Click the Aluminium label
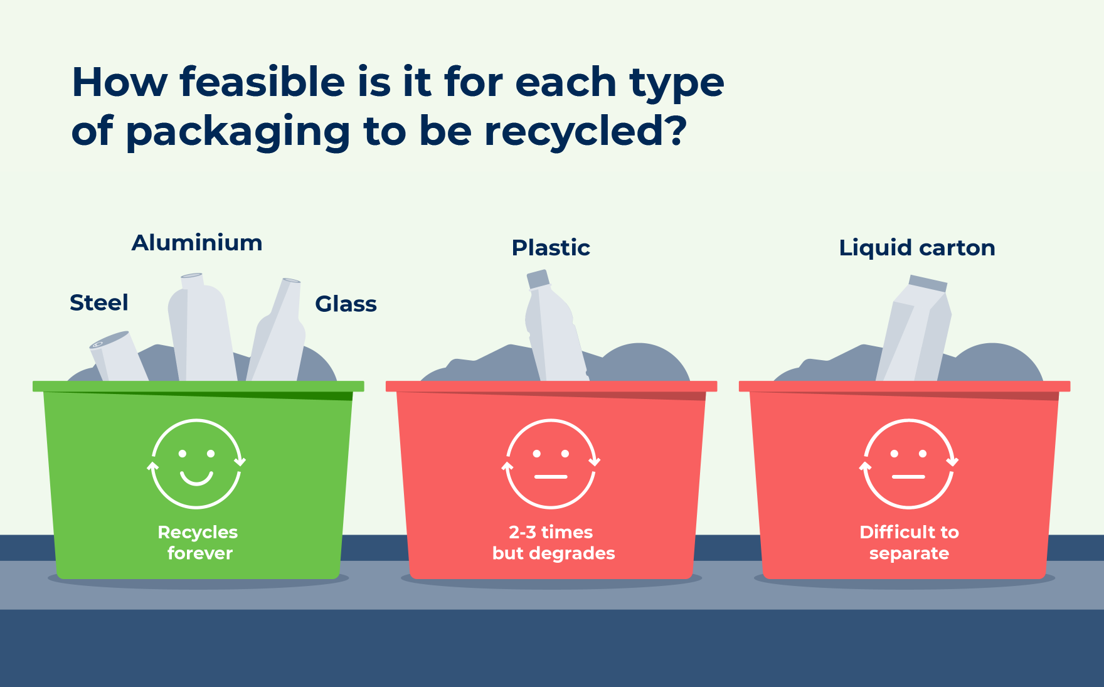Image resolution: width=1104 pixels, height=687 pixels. [197, 243]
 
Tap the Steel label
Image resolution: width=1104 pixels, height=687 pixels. [99, 302]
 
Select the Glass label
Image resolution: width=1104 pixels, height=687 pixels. [346, 304]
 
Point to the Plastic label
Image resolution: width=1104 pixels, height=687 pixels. [551, 248]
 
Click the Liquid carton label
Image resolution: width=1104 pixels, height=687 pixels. [917, 248]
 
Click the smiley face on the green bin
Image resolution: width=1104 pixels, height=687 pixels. [196, 464]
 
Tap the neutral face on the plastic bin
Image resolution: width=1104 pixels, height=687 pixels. [551, 464]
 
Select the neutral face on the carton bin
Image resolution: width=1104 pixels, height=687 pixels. [909, 464]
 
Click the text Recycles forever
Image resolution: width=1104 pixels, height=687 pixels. [198, 543]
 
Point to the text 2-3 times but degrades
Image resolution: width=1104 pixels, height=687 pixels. [553, 543]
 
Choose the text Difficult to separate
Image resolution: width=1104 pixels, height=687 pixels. [909, 543]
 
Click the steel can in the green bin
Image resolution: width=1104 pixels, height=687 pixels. [118, 356]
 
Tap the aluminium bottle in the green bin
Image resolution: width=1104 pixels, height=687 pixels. [202, 328]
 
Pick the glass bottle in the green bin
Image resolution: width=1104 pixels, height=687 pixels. [276, 331]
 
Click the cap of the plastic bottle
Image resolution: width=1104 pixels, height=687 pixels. [538, 279]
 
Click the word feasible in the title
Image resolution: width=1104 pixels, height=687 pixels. [262, 82]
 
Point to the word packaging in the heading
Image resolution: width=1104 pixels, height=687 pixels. [238, 132]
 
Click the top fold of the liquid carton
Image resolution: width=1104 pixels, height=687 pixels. [928, 284]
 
